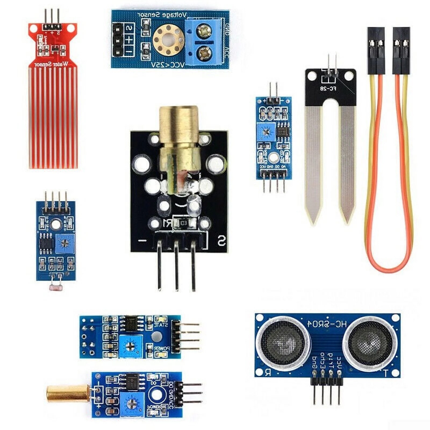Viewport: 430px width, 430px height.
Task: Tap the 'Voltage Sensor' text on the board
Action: pos(162,15)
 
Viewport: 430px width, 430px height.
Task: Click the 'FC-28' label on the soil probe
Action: pos(328,88)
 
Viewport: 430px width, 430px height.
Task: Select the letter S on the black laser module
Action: pos(221,241)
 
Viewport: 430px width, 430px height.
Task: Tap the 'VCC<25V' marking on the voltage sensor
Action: pos(168,65)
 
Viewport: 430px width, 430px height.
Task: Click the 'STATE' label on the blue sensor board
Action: pos(161,325)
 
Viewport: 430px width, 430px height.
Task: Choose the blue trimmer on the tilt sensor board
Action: pos(132,403)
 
